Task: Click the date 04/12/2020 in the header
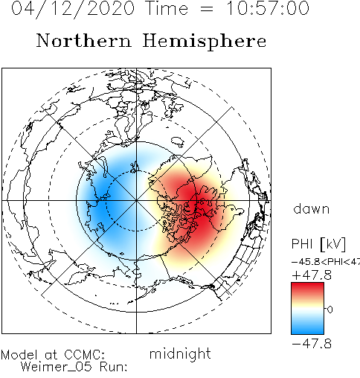tap(73, 9)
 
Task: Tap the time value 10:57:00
tap(268, 8)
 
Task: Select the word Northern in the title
tap(84, 41)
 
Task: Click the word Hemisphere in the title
tap(205, 42)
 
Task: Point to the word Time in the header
tap(167, 8)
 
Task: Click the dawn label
tap(312, 208)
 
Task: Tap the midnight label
tap(180, 353)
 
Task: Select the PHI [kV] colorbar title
tap(318, 244)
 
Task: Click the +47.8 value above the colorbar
tap(312, 275)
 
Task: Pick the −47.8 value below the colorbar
tap(312, 344)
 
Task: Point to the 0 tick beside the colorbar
tap(330, 310)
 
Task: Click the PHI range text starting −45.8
tap(326, 262)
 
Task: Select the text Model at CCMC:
tap(53, 355)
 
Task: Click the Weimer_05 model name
tap(57, 367)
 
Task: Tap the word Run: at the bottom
tap(114, 367)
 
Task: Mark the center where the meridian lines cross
tap(136, 200)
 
